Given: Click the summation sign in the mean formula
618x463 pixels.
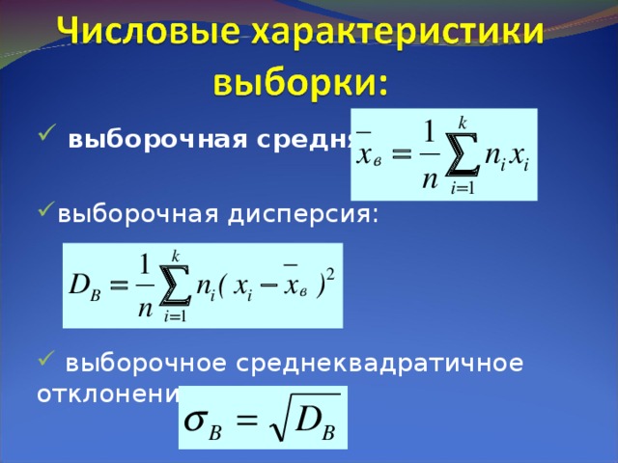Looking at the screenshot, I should click(463, 155).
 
